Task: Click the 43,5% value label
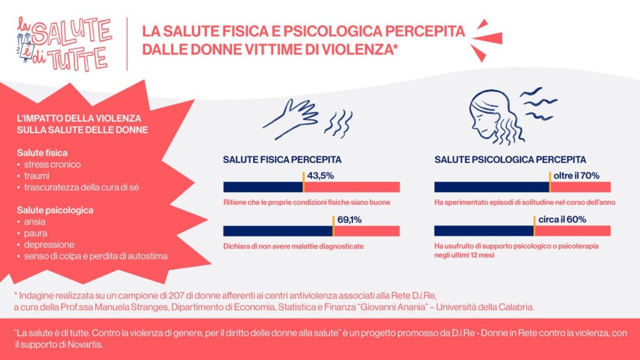[x=321, y=176]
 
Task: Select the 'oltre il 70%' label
[x=577, y=176]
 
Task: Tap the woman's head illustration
[x=491, y=116]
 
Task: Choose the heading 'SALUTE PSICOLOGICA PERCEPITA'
[x=510, y=159]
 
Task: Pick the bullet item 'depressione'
[x=49, y=244]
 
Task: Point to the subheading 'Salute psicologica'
[x=55, y=210]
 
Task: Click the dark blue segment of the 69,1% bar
[x=277, y=230]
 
